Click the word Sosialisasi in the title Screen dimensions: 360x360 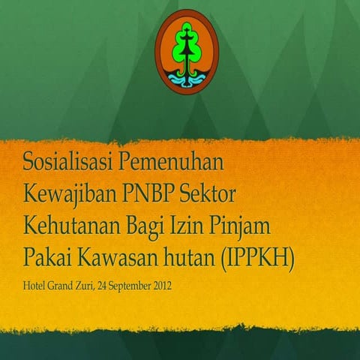[x=64, y=162]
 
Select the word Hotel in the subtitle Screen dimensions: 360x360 [x=34, y=285]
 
